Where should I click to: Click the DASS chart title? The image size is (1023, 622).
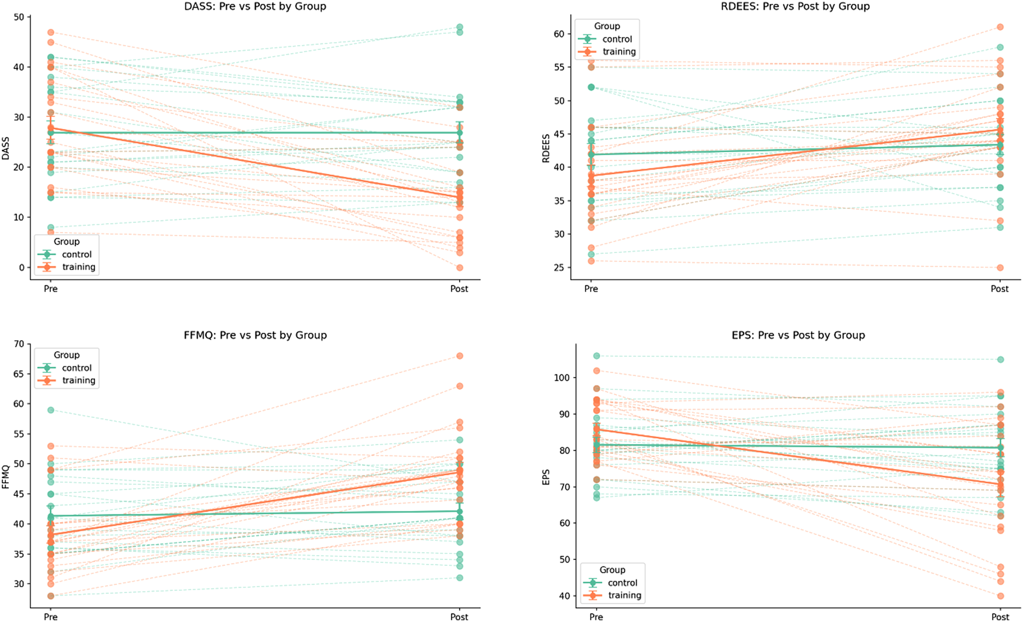click(255, 6)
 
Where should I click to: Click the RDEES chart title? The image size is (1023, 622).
click(795, 6)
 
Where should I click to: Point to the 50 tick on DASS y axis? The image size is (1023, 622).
click(19, 17)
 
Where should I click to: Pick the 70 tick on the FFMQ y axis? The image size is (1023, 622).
click(19, 344)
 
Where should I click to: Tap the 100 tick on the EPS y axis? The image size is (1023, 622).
click(562, 378)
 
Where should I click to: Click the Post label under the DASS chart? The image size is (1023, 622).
click(459, 289)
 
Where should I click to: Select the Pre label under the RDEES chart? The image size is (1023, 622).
click(591, 289)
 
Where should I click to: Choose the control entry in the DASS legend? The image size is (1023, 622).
click(77, 254)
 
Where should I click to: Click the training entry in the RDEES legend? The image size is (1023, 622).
click(619, 51)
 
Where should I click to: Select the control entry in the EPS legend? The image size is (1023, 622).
click(622, 583)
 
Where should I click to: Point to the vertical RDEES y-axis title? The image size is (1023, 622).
click(546, 148)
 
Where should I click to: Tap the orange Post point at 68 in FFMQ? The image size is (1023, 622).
click(460, 356)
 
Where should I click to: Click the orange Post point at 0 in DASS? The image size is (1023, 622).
click(460, 268)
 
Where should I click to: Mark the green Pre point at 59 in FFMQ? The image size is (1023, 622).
click(51, 410)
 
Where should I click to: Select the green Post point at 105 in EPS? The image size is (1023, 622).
click(1001, 359)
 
